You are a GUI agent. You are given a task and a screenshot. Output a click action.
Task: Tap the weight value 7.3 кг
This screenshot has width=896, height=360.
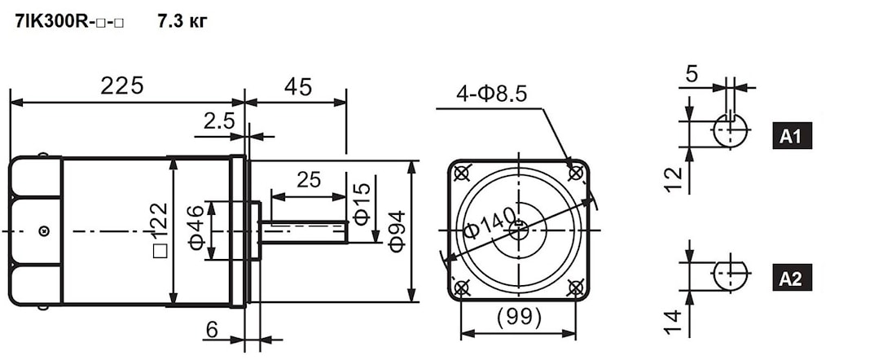pyautogui.click(x=182, y=22)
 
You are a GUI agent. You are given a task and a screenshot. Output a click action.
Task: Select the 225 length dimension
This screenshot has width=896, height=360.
pyautogui.click(x=121, y=86)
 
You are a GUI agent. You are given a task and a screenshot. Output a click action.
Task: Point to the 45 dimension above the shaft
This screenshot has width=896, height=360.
pyautogui.click(x=297, y=86)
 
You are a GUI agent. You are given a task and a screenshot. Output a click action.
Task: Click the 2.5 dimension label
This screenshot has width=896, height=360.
pyautogui.click(x=219, y=121)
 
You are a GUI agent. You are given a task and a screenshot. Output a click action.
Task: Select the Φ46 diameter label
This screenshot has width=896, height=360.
pyautogui.click(x=196, y=227)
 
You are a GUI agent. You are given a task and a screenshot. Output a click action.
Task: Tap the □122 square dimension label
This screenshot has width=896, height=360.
pyautogui.click(x=161, y=230)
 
